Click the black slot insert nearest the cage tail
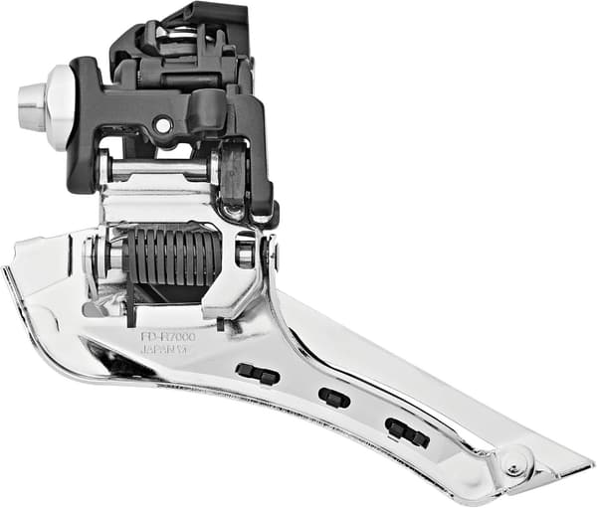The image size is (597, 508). [406, 432]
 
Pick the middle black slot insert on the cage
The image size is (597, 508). [334, 398]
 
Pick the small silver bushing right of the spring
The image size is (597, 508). [245, 252]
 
